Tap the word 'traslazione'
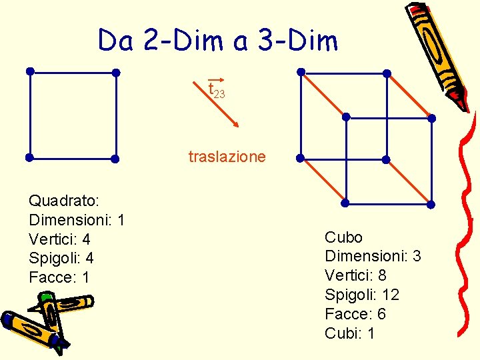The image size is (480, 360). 227,157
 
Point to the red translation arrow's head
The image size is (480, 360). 237,125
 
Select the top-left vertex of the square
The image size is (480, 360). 29,71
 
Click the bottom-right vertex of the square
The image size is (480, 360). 115,159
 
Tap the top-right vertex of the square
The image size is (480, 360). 115,72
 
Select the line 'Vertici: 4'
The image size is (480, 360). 59,239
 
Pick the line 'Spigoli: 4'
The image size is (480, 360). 61,258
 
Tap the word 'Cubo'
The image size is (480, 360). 343,237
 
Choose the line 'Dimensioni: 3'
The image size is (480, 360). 373,256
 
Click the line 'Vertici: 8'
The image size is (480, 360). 355,275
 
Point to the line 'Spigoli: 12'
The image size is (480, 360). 361,295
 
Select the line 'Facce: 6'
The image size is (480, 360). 355,314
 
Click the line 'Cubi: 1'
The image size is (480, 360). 349,333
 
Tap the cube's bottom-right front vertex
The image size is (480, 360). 431,204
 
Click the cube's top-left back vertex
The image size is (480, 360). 301,71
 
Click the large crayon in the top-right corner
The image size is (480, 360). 440,53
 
